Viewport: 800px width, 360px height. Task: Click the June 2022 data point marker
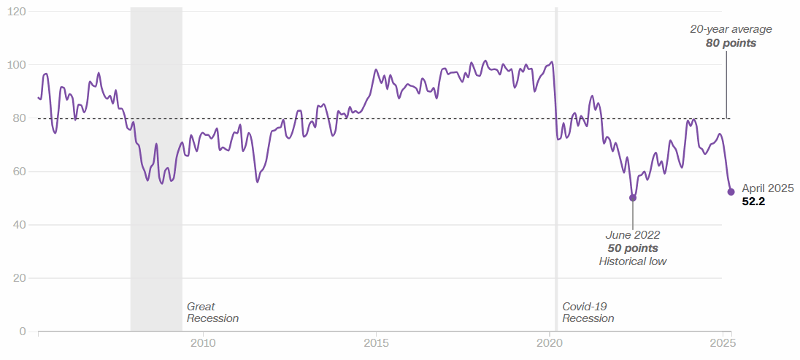633,198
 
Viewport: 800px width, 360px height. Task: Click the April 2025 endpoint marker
731,192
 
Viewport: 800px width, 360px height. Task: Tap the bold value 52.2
753,202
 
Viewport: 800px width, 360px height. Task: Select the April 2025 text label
767,188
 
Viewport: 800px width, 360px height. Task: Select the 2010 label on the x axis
202,343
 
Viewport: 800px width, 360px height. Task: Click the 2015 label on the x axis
376,343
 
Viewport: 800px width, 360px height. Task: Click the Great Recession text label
212,313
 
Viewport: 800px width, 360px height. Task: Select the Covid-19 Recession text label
588,313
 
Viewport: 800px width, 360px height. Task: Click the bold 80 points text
731,43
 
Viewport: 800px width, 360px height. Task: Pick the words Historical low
633,261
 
